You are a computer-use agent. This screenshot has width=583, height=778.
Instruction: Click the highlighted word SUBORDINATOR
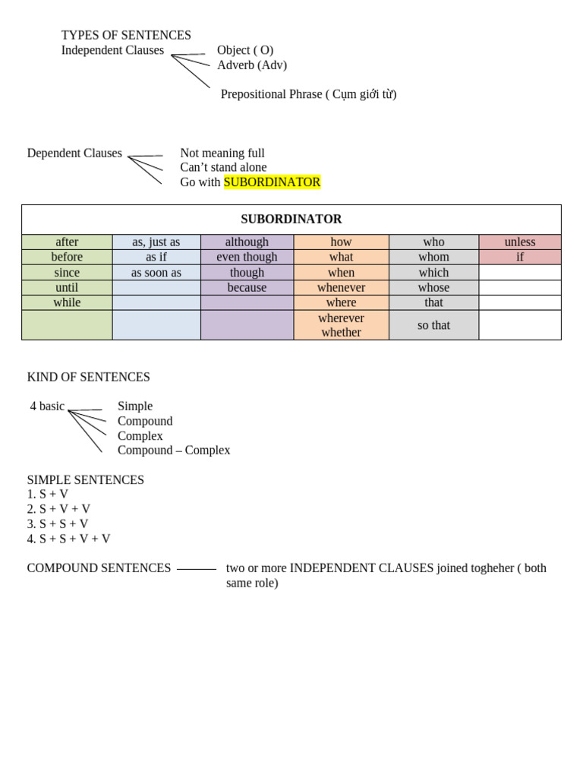[272, 182]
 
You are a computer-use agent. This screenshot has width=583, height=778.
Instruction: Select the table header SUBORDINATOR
[291, 220]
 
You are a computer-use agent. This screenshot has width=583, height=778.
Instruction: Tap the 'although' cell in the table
[247, 242]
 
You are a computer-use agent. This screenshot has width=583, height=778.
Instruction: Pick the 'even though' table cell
[247, 257]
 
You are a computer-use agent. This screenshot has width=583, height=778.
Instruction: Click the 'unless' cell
[520, 242]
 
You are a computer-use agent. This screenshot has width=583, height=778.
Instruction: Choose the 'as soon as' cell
[156, 273]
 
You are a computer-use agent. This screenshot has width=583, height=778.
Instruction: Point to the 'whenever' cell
[341, 288]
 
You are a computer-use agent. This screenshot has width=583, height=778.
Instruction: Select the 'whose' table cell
[433, 288]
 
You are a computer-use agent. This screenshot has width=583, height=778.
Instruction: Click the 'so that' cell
[433, 325]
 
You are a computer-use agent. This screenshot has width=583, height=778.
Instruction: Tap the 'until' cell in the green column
[67, 288]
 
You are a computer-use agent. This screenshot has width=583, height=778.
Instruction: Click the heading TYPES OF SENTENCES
[126, 36]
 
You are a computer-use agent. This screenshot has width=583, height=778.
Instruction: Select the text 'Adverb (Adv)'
[252, 65]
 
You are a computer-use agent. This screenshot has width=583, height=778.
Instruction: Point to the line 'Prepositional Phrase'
[308, 94]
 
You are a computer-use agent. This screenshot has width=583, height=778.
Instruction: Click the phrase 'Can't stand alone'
[223, 168]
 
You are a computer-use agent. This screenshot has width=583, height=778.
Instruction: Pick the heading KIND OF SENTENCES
[89, 378]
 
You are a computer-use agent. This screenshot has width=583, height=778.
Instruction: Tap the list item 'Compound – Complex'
[174, 451]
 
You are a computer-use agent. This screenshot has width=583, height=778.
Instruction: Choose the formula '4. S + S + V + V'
[69, 539]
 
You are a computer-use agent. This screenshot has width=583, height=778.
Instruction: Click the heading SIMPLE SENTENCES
[86, 480]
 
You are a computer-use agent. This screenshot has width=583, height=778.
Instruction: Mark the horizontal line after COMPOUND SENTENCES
[197, 569]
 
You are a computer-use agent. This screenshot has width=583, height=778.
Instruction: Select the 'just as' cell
[156, 242]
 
